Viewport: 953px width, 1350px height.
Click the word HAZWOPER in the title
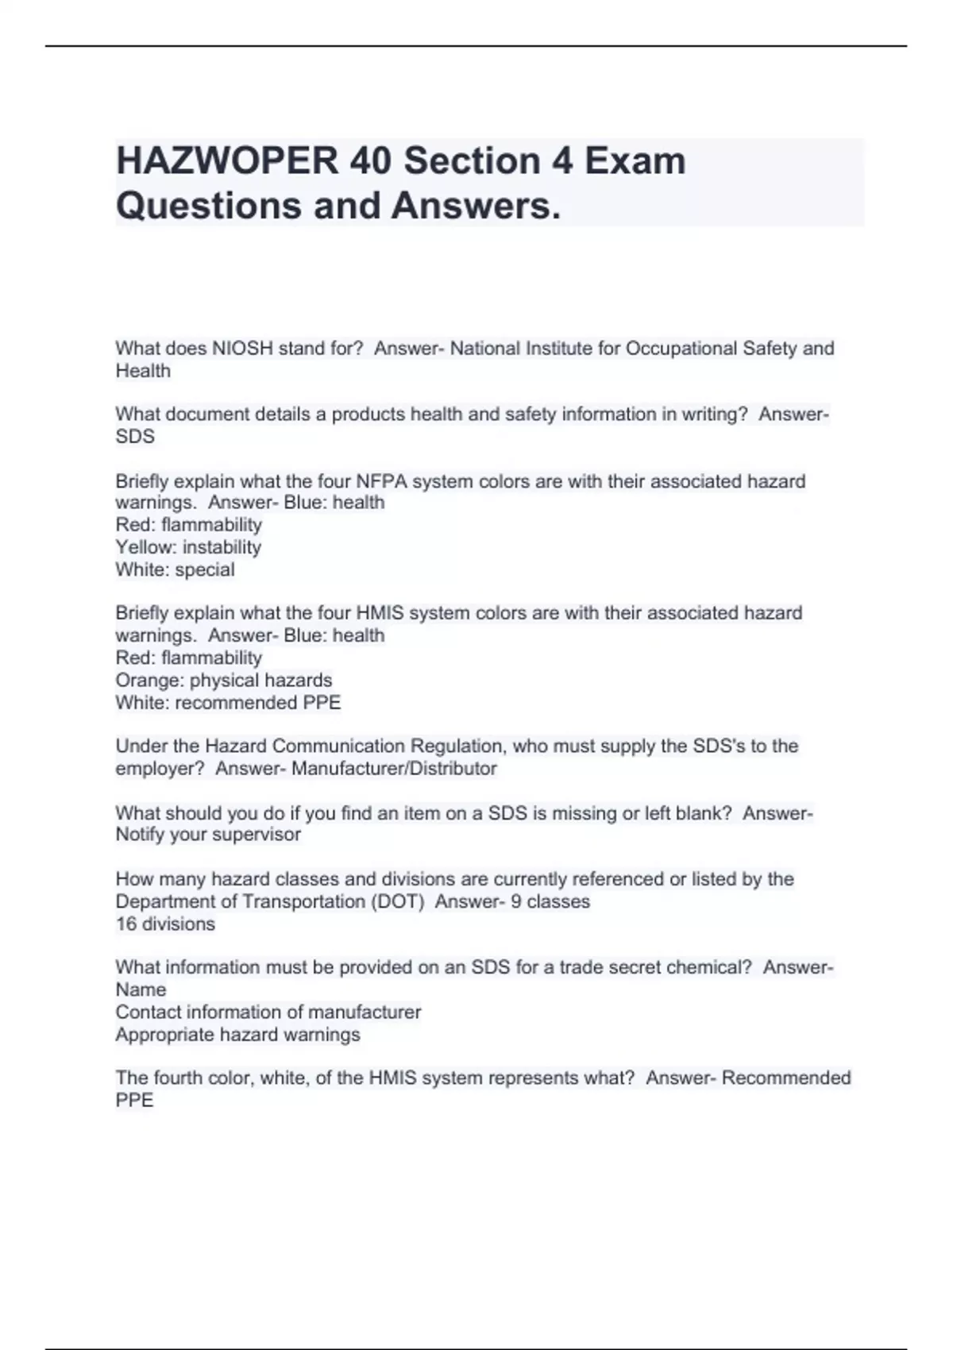(226, 161)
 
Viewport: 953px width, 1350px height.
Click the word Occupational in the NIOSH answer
(681, 349)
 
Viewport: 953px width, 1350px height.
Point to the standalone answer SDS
(135, 437)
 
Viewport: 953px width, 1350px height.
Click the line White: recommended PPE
(228, 703)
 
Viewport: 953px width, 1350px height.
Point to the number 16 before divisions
(126, 924)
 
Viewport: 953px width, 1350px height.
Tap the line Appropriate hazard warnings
(237, 1035)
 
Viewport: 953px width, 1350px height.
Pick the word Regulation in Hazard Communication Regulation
(457, 746)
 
